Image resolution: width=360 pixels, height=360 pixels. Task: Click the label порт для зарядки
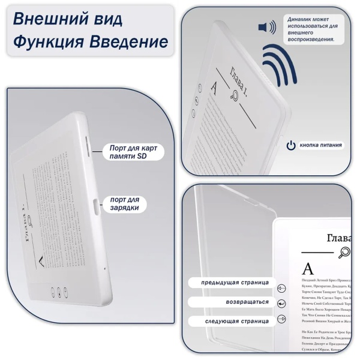[x=125, y=204]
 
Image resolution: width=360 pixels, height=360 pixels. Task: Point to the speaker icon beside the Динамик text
[x=267, y=28]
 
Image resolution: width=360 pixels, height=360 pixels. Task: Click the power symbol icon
[x=290, y=145]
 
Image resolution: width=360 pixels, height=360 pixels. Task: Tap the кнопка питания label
[x=321, y=145]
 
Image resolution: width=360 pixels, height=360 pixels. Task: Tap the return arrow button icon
[x=281, y=304]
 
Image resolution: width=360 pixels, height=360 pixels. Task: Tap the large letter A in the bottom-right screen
[x=307, y=268]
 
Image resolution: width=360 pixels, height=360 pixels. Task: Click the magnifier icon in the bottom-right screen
[x=345, y=253]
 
